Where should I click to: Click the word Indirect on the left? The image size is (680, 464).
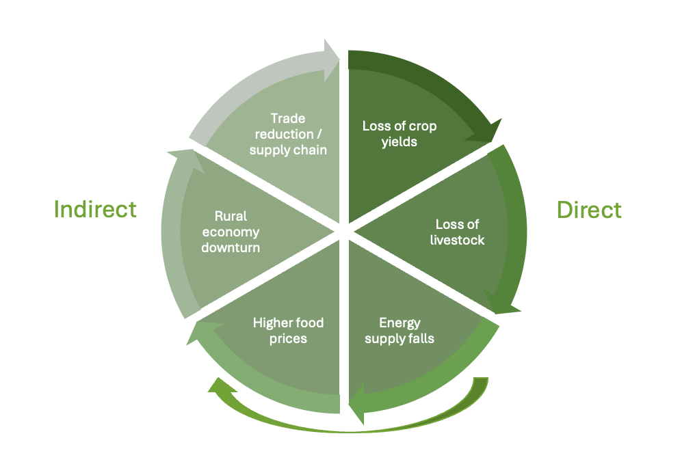95,209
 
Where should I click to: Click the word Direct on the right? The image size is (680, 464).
589,209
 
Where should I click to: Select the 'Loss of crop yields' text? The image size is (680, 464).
399,134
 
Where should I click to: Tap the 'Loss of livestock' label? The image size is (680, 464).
458,232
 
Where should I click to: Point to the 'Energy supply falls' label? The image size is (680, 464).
400,330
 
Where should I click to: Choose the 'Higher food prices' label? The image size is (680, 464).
288,330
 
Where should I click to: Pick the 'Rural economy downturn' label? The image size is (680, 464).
231,232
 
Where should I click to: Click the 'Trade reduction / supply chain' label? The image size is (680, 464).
288,134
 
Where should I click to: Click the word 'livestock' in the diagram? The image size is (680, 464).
458,240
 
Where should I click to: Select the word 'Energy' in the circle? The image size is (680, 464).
400,323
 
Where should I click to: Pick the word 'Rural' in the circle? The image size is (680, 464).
231,217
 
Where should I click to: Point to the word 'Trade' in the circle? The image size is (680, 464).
288,119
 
